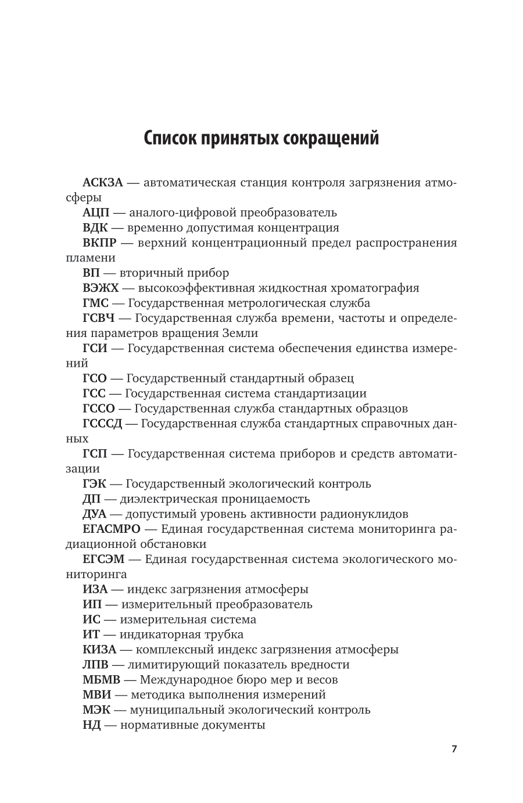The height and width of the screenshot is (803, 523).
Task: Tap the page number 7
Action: click(454, 749)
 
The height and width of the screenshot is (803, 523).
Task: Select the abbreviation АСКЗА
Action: click(103, 183)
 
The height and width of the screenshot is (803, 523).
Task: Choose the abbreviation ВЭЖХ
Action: click(101, 288)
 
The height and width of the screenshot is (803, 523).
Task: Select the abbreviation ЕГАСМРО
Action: click(112, 529)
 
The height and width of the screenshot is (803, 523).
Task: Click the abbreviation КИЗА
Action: click(100, 650)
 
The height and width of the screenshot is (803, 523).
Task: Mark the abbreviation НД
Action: click(92, 725)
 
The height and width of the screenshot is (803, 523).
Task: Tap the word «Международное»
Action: click(187, 680)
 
